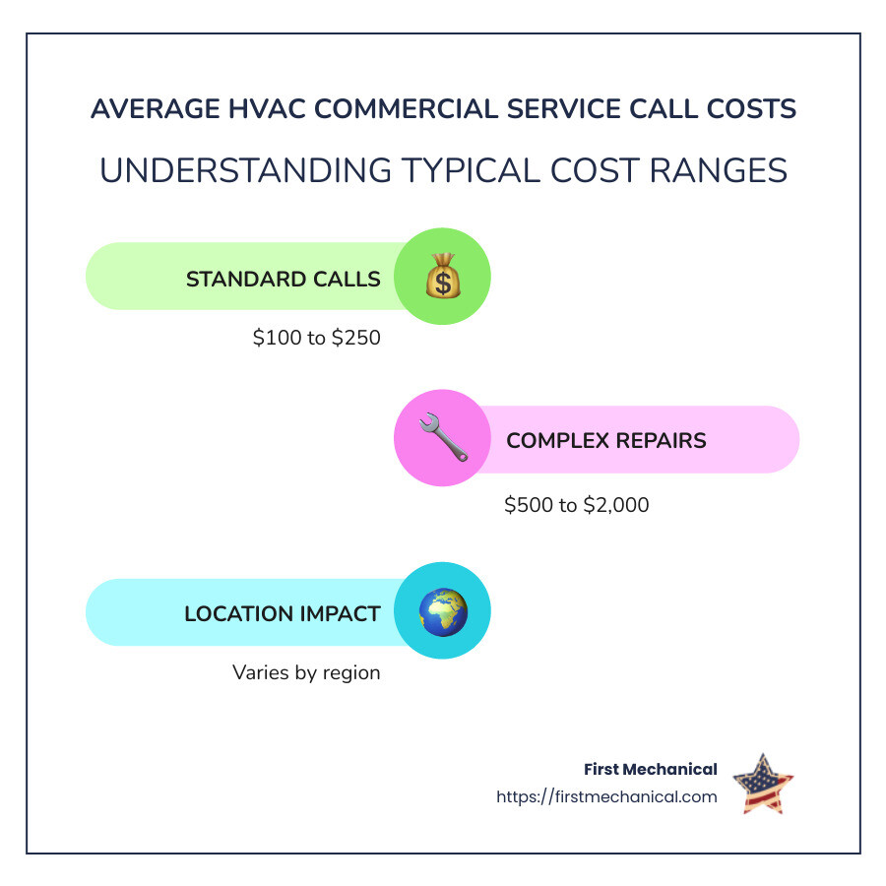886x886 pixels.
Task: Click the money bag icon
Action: click(x=442, y=277)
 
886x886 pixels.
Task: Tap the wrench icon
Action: click(x=442, y=439)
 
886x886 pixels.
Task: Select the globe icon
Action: click(x=442, y=611)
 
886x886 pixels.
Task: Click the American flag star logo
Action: click(x=763, y=784)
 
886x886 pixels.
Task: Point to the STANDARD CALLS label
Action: click(x=283, y=279)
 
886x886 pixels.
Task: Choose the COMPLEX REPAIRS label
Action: click(x=605, y=440)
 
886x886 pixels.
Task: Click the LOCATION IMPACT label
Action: click(x=282, y=614)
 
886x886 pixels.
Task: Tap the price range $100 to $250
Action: click(x=316, y=338)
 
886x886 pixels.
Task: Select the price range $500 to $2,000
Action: click(x=576, y=505)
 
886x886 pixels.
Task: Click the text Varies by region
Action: click(x=306, y=672)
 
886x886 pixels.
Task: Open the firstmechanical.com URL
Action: click(x=606, y=796)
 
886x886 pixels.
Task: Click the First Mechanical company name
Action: click(x=650, y=770)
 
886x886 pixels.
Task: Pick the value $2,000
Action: click(x=616, y=505)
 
